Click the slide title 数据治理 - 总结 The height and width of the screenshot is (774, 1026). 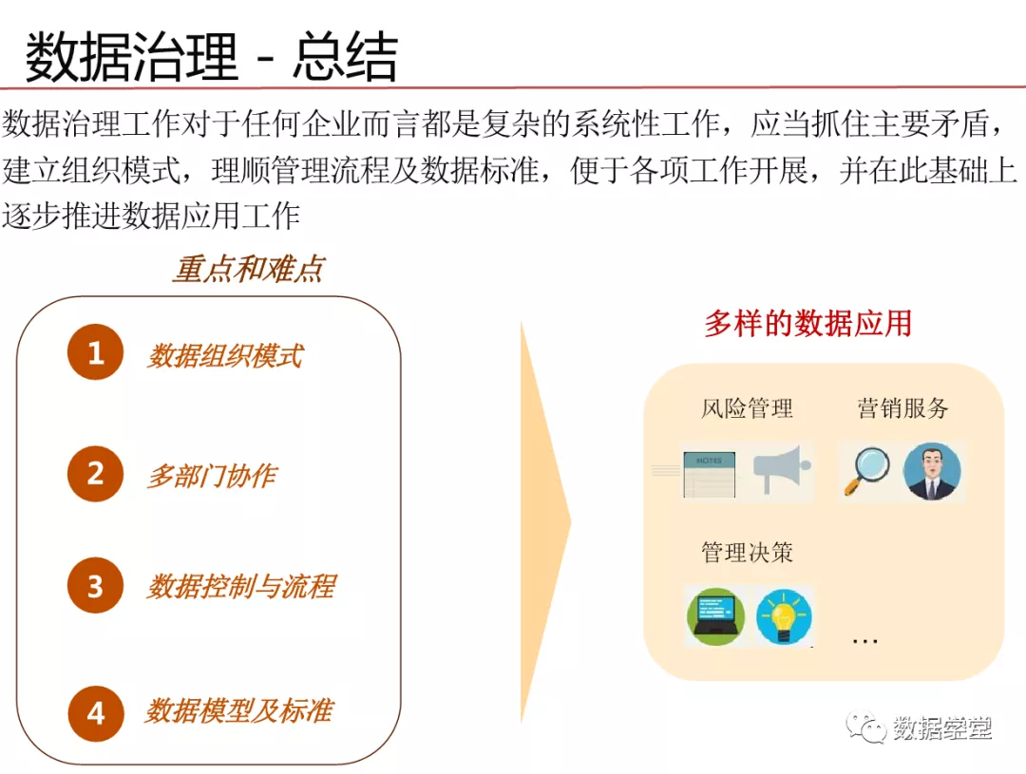pyautogui.click(x=211, y=57)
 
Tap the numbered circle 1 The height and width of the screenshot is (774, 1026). pyautogui.click(x=96, y=352)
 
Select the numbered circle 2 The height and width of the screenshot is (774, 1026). pyautogui.click(x=96, y=474)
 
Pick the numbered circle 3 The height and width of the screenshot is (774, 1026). pyautogui.click(x=96, y=585)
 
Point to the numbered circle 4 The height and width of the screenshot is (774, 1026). pyautogui.click(x=96, y=713)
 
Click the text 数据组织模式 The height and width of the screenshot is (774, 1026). pyautogui.click(x=225, y=356)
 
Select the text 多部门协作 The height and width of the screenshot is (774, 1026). pyautogui.click(x=212, y=476)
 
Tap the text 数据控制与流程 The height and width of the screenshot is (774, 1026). pyautogui.click(x=241, y=586)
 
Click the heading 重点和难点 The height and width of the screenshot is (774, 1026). pyautogui.click(x=249, y=269)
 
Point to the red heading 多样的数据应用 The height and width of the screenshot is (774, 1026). pyautogui.click(x=808, y=323)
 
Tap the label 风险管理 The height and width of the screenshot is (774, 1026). pyautogui.click(x=747, y=408)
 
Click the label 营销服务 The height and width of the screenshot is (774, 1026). pyautogui.click(x=903, y=407)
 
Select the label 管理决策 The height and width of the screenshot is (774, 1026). pyautogui.click(x=747, y=552)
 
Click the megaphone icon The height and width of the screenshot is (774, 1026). pyautogui.click(x=782, y=469)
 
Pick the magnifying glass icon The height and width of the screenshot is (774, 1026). pyautogui.click(x=866, y=471)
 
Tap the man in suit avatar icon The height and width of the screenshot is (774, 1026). pyautogui.click(x=932, y=472)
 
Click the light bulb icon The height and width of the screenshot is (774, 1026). pyautogui.click(x=784, y=616)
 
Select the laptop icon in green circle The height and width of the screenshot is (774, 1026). pyautogui.click(x=716, y=616)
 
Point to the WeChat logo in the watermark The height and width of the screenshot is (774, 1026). pyautogui.click(x=865, y=727)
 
